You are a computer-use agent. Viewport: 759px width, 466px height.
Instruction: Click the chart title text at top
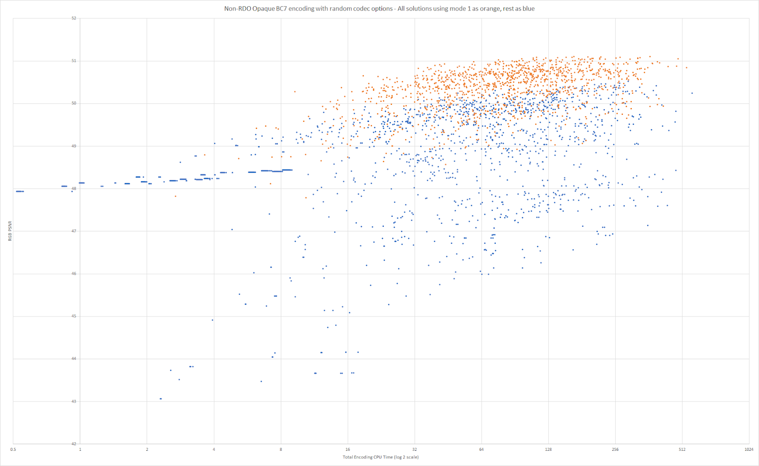[379, 9]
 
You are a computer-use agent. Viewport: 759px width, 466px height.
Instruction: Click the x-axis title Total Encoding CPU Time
[380, 457]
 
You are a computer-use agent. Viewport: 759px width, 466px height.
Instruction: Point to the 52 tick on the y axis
[74, 19]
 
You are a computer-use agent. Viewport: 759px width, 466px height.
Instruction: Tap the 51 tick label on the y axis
[74, 61]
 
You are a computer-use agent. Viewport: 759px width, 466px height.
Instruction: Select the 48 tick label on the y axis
[74, 189]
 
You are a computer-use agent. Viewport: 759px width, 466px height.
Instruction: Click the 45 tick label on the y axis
[74, 316]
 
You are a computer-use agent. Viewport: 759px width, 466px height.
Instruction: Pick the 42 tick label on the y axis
[74, 444]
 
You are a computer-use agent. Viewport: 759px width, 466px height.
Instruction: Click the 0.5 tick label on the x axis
[13, 449]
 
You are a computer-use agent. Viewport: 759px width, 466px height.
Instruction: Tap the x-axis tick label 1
[80, 449]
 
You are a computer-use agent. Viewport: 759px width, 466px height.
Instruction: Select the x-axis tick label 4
[214, 449]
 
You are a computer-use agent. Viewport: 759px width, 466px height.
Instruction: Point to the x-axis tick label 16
[348, 449]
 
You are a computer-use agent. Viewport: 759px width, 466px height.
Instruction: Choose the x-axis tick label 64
[481, 449]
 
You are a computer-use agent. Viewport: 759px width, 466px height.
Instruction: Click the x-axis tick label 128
[548, 449]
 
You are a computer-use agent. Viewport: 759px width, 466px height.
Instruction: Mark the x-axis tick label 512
[682, 449]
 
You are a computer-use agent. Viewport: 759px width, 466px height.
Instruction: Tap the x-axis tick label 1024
[749, 449]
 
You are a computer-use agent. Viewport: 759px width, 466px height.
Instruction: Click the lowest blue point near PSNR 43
[161, 399]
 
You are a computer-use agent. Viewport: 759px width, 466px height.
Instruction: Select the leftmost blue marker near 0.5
[17, 191]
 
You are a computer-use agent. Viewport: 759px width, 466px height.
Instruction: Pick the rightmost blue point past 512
[692, 93]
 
